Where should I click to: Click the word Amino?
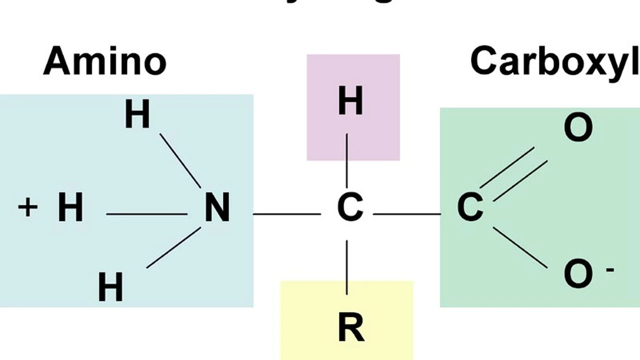pos(104,61)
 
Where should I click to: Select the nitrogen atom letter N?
pos(217,208)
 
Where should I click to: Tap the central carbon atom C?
pos(349,208)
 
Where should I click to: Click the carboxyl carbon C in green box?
pos(470,208)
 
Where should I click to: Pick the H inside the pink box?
pos(350,101)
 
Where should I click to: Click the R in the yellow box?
pos(351,327)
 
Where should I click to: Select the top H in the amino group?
pos(137,114)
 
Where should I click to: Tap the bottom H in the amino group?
pos(110,287)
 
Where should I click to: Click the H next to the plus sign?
pos(70,208)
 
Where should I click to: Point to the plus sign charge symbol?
pos(28,207)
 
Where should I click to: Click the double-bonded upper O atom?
pos(578,128)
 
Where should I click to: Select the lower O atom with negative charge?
pos(578,274)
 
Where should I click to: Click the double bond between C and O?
pos(514,174)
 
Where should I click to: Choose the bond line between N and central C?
pos(286,214)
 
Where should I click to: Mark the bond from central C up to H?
pos(347,160)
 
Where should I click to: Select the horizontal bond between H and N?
pos(146,214)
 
